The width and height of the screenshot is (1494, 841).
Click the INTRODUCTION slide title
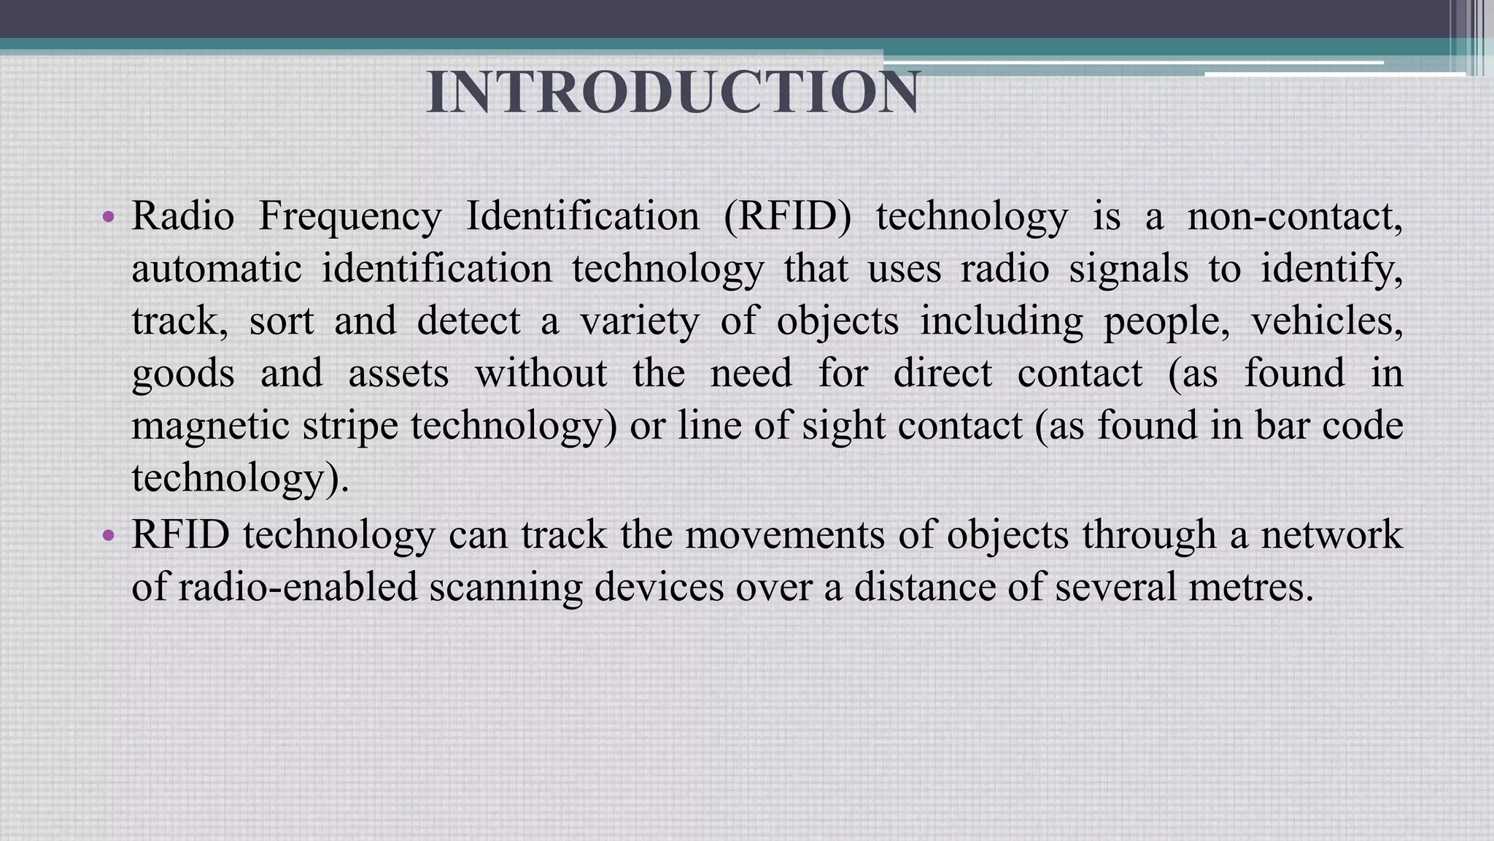tap(673, 93)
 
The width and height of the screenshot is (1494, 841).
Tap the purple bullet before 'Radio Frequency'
tap(109, 217)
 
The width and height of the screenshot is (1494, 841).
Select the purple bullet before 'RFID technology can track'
tap(109, 536)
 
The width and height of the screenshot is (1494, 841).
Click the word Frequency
tap(350, 217)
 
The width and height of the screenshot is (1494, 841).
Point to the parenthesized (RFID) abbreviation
tap(788, 217)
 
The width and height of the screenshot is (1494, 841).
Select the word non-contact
tap(1294, 217)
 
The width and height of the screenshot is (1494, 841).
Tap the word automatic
tap(217, 269)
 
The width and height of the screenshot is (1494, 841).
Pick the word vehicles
tap(1326, 321)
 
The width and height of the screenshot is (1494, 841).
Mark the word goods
tap(183, 375)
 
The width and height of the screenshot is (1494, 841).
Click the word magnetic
tap(210, 426)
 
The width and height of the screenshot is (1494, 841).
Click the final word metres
tap(1250, 587)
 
